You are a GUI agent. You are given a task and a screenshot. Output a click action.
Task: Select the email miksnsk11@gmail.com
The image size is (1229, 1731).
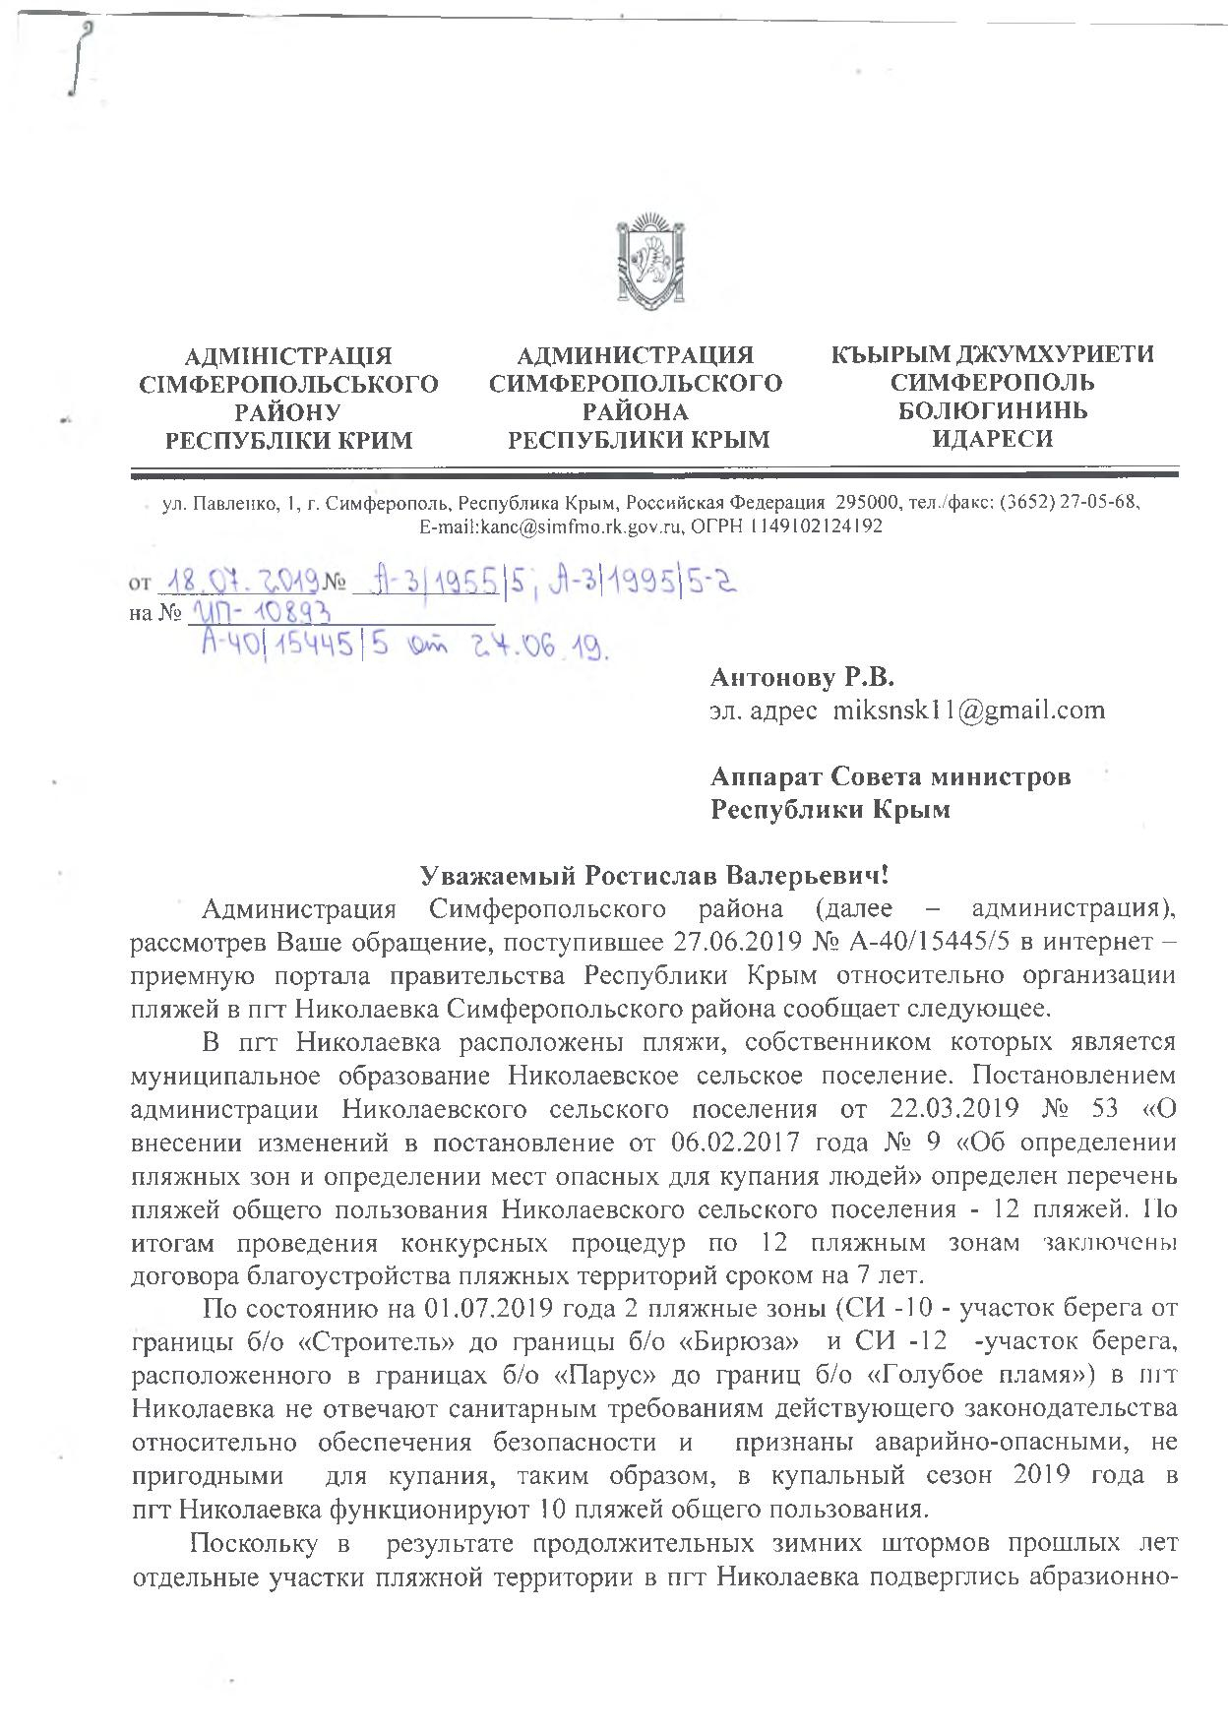pyautogui.click(x=969, y=711)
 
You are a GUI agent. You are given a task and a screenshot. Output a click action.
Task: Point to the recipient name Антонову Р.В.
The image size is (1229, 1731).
pyautogui.click(x=803, y=677)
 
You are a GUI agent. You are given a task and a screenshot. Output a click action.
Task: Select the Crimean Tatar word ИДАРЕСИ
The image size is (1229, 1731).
pyautogui.click(x=992, y=439)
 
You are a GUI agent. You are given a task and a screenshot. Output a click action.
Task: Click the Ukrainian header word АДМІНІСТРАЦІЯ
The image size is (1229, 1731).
pyautogui.click(x=288, y=355)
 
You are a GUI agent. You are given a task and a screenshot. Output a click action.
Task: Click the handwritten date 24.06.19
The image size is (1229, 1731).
pyautogui.click(x=544, y=648)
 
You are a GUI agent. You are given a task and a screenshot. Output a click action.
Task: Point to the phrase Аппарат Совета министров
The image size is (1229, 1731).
pyautogui.click(x=891, y=776)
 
